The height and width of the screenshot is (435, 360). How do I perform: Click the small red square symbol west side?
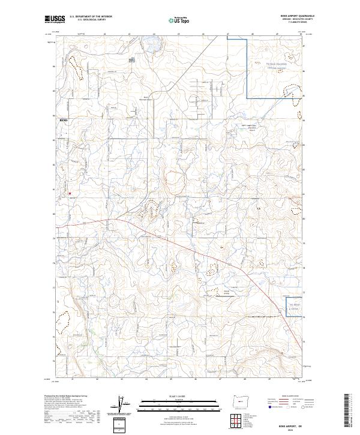point(70,193)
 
